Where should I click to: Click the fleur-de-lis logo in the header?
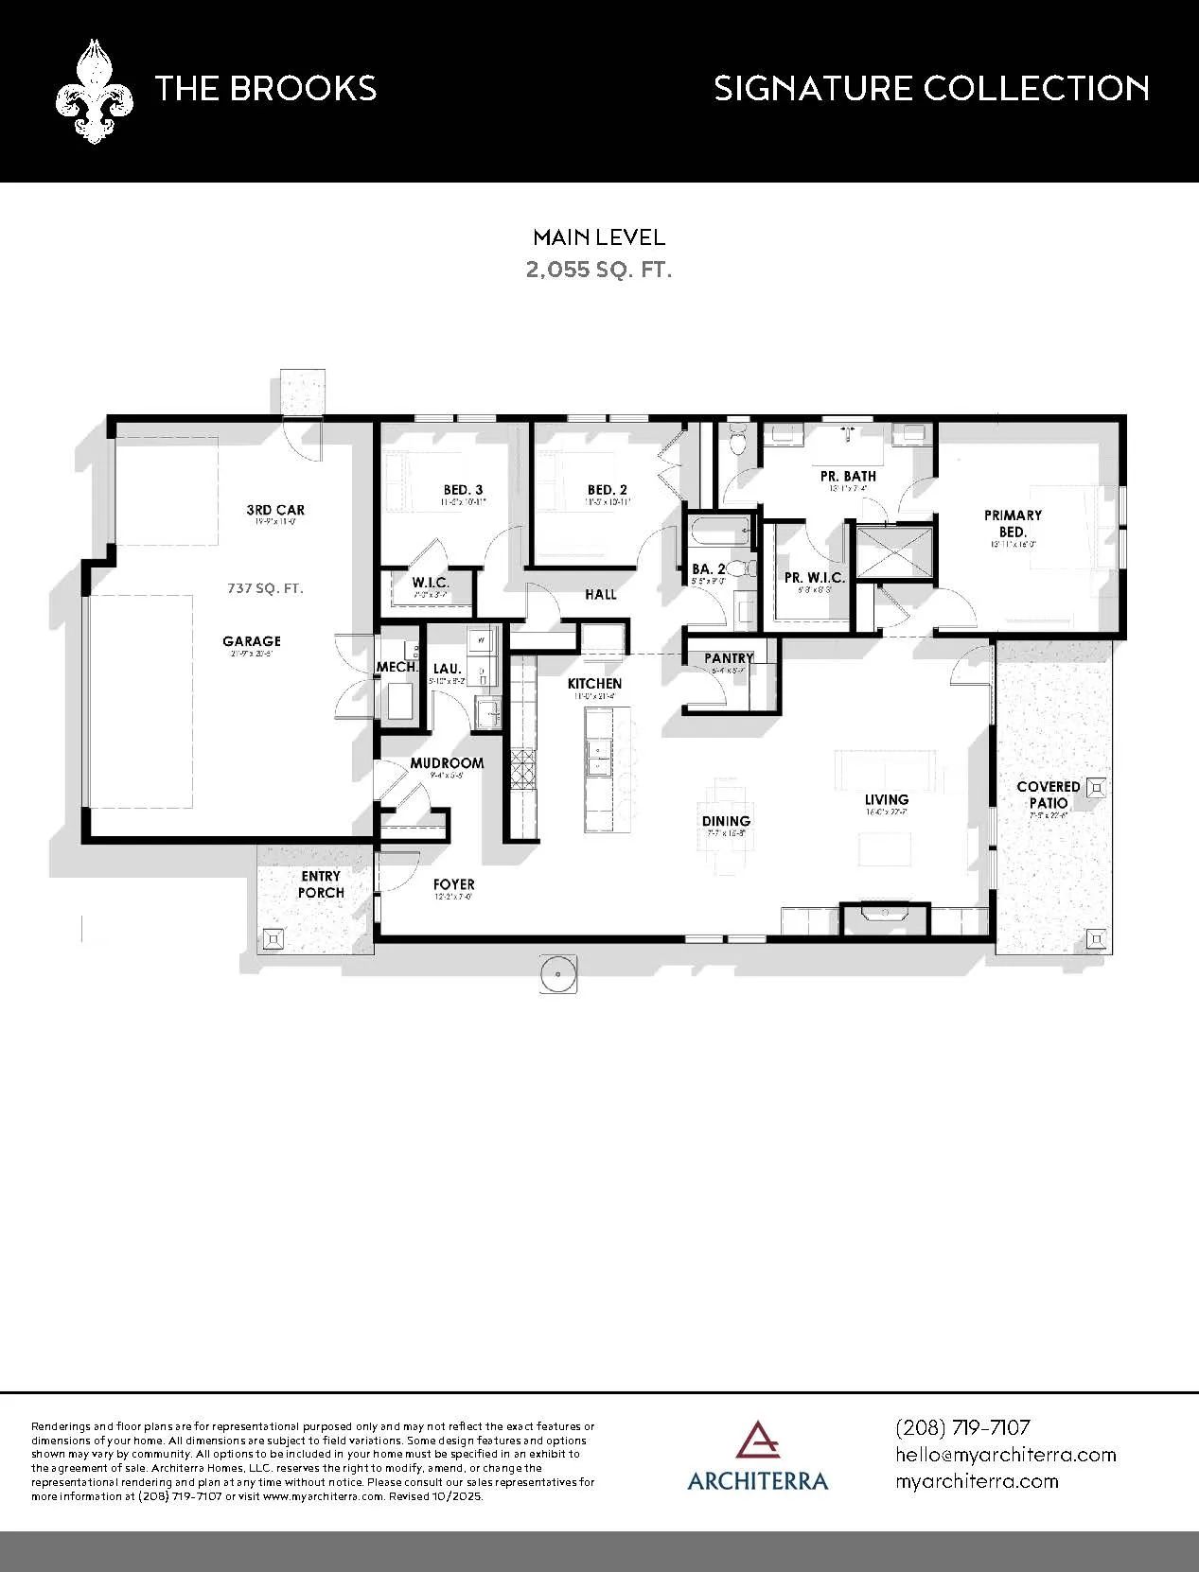coord(93,91)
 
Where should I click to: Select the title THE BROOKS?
coord(266,89)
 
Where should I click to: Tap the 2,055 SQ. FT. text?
coord(599,270)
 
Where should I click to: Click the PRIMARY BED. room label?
coord(1013,523)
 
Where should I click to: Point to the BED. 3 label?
coord(464,489)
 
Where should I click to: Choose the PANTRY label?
coord(729,658)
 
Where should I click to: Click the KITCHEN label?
coord(594,683)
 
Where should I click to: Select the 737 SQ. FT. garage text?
coord(265,587)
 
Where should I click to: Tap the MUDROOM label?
coord(447,762)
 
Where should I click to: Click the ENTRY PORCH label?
coord(322,884)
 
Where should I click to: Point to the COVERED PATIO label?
coord(1048,795)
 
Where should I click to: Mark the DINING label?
coord(726,821)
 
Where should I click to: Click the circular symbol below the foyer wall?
coord(559,973)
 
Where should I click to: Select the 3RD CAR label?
coord(275,510)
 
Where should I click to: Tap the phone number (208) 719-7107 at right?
coord(962,1426)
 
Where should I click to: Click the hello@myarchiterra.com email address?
coord(1006,1454)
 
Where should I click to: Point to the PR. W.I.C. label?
coord(814,578)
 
